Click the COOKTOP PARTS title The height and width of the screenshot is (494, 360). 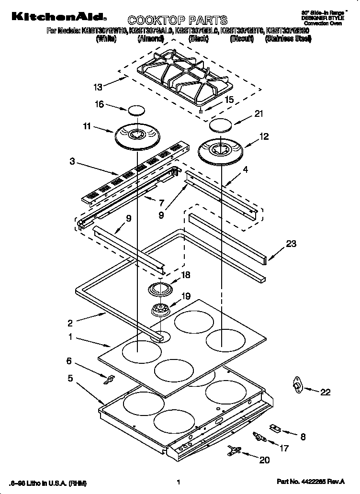[177, 20]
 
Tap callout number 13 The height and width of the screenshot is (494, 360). [98, 87]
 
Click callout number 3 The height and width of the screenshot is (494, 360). [72, 162]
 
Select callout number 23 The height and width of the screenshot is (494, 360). [291, 244]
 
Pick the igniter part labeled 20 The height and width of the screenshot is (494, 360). [235, 449]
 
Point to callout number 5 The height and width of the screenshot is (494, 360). [70, 378]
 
